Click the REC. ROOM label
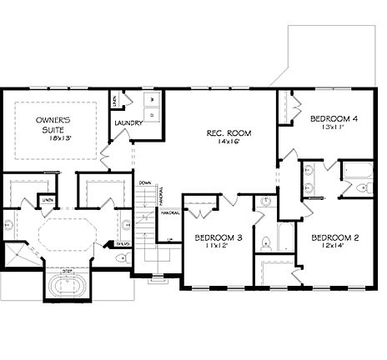[x=229, y=133]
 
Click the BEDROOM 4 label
[x=334, y=119]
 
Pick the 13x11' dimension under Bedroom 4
[x=334, y=128]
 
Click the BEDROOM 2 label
[x=334, y=238]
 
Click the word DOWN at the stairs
[x=144, y=182]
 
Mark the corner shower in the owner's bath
[x=17, y=255]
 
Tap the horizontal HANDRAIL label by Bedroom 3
[x=170, y=212]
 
